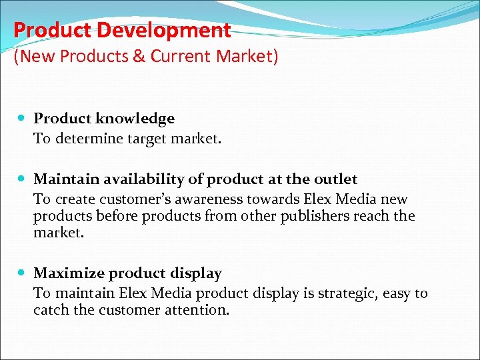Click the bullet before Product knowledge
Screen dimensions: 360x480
point(23,119)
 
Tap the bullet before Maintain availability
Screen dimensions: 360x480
point(23,179)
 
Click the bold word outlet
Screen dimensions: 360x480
point(335,179)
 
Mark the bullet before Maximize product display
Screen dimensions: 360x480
point(23,273)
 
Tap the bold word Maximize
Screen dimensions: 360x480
point(69,273)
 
